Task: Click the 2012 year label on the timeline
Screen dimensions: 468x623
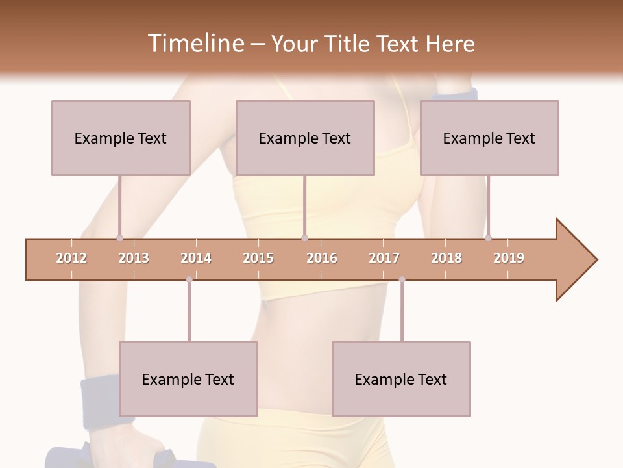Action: (x=71, y=258)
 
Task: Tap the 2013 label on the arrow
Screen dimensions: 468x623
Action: (x=134, y=258)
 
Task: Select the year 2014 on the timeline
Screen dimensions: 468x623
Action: (x=196, y=258)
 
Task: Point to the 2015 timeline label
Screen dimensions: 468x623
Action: (x=258, y=258)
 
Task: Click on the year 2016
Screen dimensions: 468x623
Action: (x=322, y=258)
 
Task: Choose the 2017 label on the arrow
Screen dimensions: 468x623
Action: (x=384, y=258)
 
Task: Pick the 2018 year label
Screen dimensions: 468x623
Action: (x=446, y=258)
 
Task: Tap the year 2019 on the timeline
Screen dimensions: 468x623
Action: (x=509, y=258)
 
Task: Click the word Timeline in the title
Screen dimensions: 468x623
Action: (x=195, y=44)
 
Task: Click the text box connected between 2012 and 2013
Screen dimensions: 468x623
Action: (x=121, y=138)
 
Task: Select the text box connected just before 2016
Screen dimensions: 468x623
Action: (x=305, y=138)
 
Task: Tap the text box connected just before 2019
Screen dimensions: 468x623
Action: (x=489, y=138)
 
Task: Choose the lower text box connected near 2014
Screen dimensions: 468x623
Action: (x=188, y=379)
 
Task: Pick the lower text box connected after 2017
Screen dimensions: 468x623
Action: (x=401, y=379)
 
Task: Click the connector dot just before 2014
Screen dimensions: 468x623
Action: (x=189, y=279)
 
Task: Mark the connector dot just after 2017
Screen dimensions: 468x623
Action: (x=402, y=279)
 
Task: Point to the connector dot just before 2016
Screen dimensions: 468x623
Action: (x=304, y=238)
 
